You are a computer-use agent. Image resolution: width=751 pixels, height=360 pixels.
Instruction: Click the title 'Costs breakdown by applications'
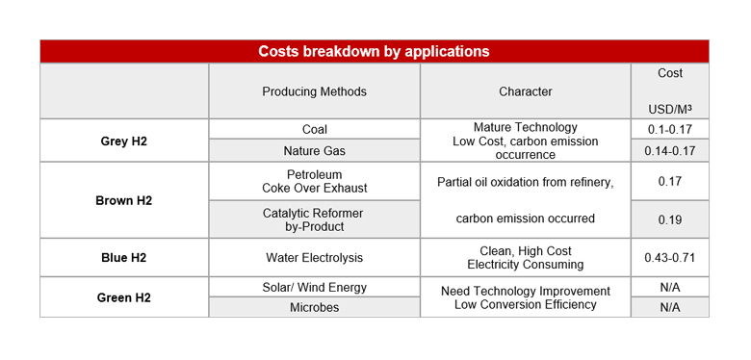[374, 52]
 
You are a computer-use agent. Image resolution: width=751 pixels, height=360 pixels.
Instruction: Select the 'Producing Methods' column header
[314, 91]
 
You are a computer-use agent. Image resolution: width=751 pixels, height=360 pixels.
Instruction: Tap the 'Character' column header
[525, 91]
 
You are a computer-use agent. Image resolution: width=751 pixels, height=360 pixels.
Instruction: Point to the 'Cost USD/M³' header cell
[670, 91]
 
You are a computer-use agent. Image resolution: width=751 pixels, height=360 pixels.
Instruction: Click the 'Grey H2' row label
[124, 141]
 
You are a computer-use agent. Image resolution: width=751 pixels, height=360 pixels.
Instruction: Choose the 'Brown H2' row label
[124, 200]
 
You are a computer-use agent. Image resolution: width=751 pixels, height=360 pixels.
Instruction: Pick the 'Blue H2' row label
[124, 258]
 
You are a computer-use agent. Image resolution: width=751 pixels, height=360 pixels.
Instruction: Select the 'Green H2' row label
[124, 297]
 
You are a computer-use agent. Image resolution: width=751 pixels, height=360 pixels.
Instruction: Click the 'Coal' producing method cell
[314, 129]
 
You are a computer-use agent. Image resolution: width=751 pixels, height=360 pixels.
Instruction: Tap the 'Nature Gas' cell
[314, 151]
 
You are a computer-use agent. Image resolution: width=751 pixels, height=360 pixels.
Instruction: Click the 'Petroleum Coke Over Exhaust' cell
[314, 181]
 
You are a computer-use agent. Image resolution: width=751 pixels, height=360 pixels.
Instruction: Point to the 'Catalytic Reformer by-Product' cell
[314, 219]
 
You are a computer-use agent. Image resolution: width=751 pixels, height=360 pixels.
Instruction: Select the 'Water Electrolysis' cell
[314, 258]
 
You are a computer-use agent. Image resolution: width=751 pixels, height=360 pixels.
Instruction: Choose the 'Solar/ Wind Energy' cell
[314, 288]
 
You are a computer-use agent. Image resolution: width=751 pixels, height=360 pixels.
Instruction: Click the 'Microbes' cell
[314, 307]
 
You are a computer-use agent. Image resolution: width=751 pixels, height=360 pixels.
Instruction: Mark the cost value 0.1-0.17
[670, 129]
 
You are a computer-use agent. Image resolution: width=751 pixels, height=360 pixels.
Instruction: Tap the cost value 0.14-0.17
[670, 151]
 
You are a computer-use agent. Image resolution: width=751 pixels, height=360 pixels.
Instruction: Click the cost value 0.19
[670, 219]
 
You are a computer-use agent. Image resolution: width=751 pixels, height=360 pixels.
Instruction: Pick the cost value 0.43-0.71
[670, 258]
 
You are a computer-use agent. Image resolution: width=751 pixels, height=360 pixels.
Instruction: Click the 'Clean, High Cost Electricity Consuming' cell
[525, 258]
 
